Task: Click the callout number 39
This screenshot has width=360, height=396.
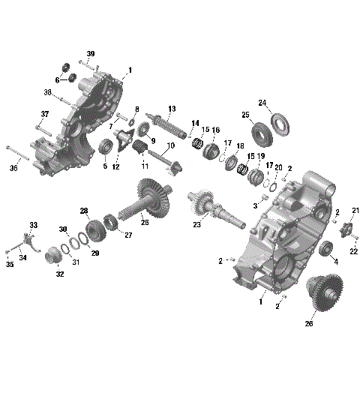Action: pos(91,53)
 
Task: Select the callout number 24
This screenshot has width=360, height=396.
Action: pos(262,103)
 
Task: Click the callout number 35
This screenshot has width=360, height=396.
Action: pos(10,264)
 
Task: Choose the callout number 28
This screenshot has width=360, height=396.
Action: pos(84,211)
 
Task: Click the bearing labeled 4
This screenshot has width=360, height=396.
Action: pos(326,250)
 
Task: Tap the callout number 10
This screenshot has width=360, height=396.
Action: pos(170,145)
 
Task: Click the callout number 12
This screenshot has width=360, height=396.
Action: pos(115,166)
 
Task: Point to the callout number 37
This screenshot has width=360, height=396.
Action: pos(44,114)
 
